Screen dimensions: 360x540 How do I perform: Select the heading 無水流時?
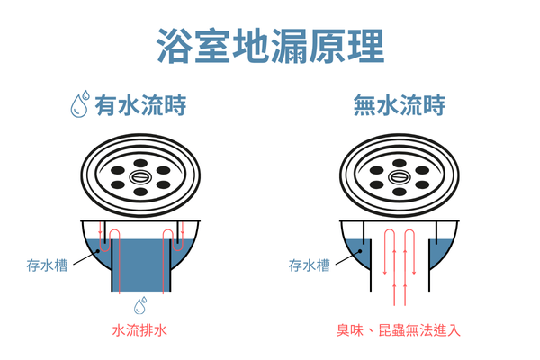pyautogui.click(x=400, y=107)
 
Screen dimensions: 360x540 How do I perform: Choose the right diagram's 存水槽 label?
pyautogui.click(x=309, y=266)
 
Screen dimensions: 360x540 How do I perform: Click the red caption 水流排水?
pyautogui.click(x=139, y=329)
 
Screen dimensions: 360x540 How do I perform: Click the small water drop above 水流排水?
pyautogui.click(x=140, y=304)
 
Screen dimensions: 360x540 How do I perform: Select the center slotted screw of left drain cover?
pyautogui.click(x=139, y=177)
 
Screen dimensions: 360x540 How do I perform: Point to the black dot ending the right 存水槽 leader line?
pyautogui.click(x=361, y=253)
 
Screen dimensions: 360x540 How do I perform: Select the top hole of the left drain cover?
pyautogui.click(x=139, y=161)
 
